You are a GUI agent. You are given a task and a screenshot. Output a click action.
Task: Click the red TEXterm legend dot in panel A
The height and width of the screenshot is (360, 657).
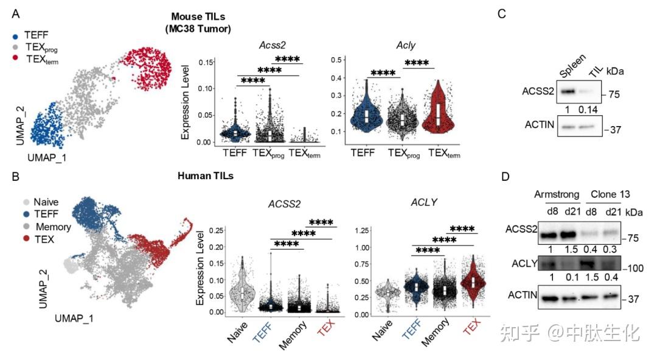pos(15,57)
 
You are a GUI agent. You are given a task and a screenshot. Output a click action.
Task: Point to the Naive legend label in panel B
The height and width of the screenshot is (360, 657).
pos(47,202)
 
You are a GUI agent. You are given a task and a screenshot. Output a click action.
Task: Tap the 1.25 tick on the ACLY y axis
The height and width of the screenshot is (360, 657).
pos(362,230)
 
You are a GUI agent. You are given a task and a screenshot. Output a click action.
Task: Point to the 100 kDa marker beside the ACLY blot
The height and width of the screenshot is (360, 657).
pos(616,269)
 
